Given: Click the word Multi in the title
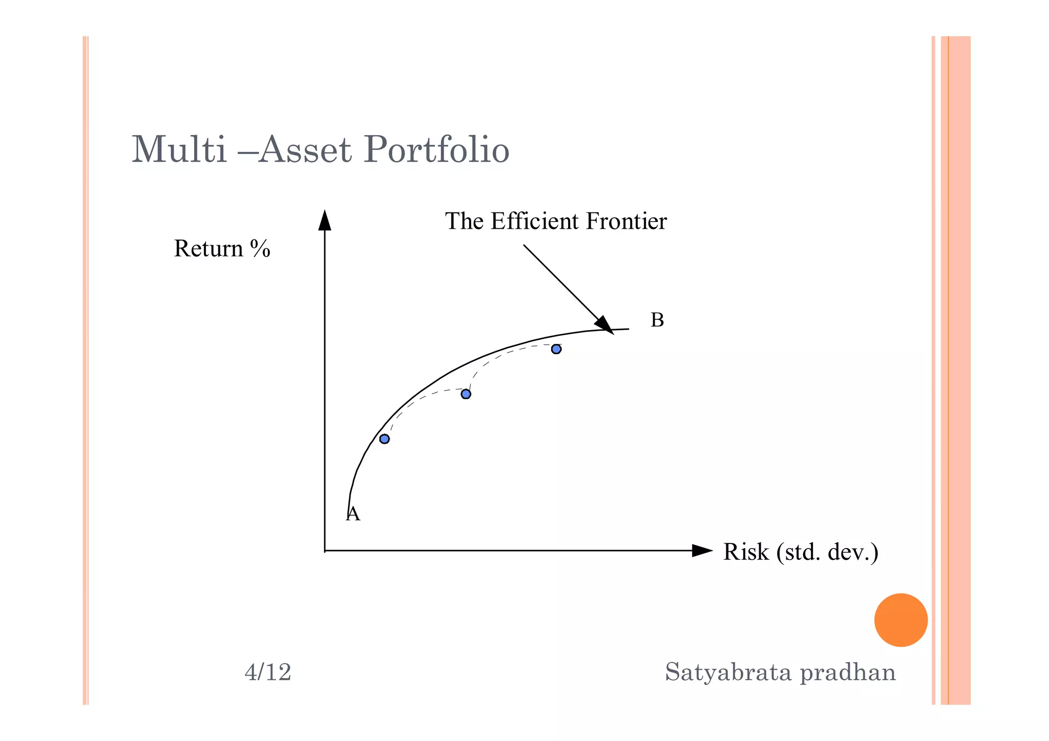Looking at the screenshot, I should (x=179, y=149).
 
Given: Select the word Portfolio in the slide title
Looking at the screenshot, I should (x=436, y=149).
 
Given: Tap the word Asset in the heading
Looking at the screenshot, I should (x=305, y=149).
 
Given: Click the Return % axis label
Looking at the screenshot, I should (x=222, y=249).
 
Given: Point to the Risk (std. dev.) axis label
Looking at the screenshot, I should (x=801, y=552).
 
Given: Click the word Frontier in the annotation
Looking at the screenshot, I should (x=626, y=221).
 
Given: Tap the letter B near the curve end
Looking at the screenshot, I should (x=657, y=320).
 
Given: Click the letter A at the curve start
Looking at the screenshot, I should (x=353, y=514).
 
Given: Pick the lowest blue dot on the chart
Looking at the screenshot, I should (x=385, y=439).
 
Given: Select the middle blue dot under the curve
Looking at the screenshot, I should (x=466, y=394).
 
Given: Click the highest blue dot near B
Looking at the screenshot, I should (x=556, y=349).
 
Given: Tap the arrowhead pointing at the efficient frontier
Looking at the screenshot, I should (x=604, y=325).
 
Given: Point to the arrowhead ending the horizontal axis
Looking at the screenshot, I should (x=702, y=551).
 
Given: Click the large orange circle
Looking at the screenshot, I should (x=900, y=620).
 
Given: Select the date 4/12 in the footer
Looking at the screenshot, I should (x=268, y=672).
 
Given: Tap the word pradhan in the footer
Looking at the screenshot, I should (x=848, y=672).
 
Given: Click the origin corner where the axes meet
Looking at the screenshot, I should (x=325, y=551).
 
